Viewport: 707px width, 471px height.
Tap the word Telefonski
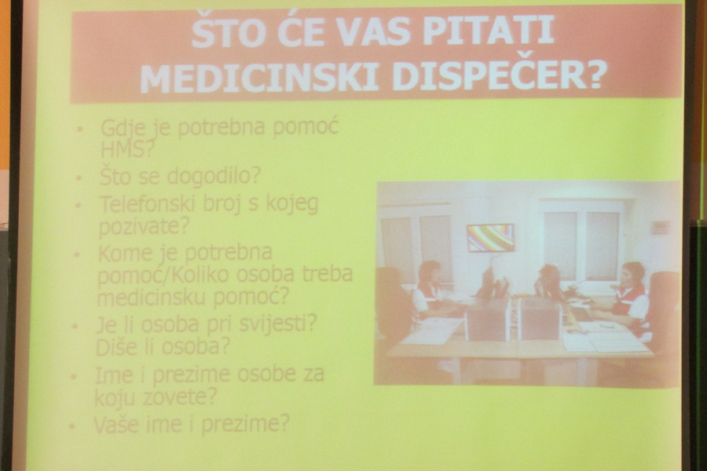148,204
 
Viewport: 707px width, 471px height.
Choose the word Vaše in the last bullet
116,424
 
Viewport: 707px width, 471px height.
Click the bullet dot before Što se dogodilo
79,177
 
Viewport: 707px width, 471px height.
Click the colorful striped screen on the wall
490,238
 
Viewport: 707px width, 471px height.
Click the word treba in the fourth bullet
327,274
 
